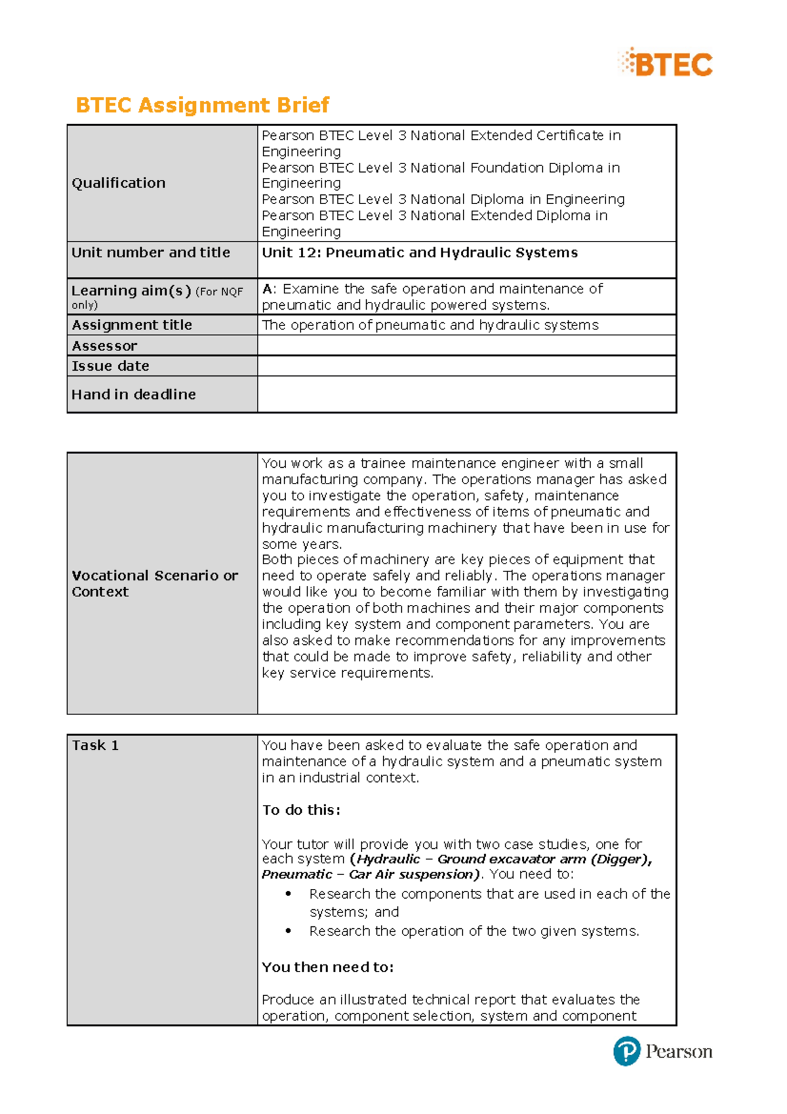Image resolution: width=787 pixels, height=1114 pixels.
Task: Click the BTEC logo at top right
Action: (x=666, y=64)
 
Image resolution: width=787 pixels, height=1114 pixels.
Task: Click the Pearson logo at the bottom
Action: (x=662, y=1051)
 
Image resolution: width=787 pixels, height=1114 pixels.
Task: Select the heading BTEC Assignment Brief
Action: (x=202, y=105)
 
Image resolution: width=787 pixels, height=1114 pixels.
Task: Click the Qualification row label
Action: (x=119, y=183)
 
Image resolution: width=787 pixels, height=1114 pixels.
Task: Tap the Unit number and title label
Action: (x=151, y=253)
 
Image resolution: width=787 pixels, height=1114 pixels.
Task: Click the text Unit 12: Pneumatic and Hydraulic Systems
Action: (x=420, y=253)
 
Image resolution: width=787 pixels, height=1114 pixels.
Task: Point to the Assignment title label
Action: (x=132, y=325)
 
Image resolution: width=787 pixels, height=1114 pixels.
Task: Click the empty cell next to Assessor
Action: (x=466, y=346)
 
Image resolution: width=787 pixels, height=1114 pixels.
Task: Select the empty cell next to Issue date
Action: (x=466, y=366)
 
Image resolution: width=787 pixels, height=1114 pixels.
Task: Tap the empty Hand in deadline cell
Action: (x=466, y=394)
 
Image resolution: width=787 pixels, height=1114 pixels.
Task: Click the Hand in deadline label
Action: (x=134, y=394)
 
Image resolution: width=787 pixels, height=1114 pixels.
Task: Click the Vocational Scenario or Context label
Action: (x=155, y=583)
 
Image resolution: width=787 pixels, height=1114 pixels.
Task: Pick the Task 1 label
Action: (x=95, y=745)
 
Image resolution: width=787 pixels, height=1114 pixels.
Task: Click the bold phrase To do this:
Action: (x=302, y=810)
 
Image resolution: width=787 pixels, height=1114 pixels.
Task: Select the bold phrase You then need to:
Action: (x=328, y=967)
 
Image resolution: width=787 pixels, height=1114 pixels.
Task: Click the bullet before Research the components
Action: (x=288, y=894)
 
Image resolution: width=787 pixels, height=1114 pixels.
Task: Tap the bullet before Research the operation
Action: (x=288, y=932)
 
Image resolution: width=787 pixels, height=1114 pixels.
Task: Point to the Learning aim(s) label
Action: (x=131, y=291)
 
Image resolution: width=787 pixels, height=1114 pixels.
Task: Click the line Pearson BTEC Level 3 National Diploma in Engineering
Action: (x=443, y=199)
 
